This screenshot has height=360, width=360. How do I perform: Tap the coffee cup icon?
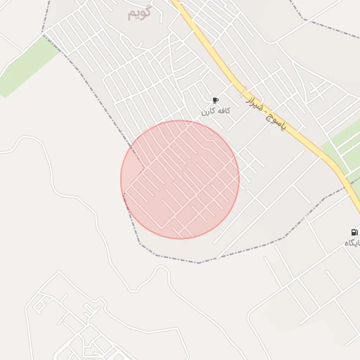[x=215, y=101]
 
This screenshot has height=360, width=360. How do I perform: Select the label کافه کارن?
[x=215, y=112]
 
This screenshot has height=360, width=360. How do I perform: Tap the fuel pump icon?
[x=354, y=232]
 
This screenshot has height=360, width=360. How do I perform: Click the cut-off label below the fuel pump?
[x=352, y=243]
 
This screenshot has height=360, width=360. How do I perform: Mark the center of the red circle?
[x=180, y=179]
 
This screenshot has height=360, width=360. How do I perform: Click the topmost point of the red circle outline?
[x=180, y=120]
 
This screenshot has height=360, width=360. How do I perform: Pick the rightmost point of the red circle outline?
[x=239, y=179]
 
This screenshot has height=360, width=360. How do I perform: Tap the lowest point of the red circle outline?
[x=180, y=238]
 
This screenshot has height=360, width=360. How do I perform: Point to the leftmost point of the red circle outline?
[x=121, y=179]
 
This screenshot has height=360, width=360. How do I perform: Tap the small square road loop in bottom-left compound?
[x=40, y=304]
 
